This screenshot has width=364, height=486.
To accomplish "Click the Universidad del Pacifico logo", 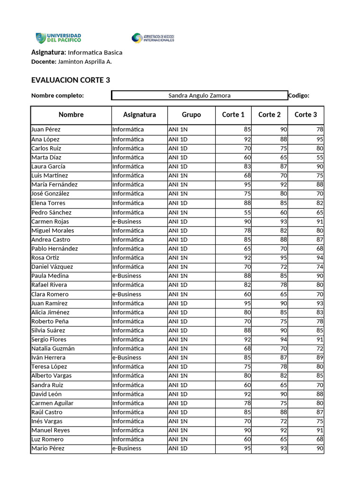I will pos(58,38).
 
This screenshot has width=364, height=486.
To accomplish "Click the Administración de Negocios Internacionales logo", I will pos(153,38).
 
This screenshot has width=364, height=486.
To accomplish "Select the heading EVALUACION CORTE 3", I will pos(71,80).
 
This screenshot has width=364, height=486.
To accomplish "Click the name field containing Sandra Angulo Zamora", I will pos(200,95).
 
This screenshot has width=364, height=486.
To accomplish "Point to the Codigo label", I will pos(299,95).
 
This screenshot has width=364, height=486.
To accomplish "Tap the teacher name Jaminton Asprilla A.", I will pos(85,62).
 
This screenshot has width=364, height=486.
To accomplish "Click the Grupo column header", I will pos(191,114).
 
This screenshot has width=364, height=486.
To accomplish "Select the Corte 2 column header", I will pos(269,114).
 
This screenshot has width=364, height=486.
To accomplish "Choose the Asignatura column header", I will pos(139,114).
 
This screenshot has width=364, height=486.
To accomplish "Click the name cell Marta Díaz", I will pos(46,157).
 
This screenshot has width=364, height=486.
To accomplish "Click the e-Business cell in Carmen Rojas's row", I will pos(127,222).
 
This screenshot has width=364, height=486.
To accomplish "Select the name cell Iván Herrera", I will pos(48,357).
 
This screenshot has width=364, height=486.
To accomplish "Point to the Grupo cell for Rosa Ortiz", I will pos(178,258).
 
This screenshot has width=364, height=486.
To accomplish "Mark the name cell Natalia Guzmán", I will pos(53,348).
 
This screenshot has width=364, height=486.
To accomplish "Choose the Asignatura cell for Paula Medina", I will pos(127,276).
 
